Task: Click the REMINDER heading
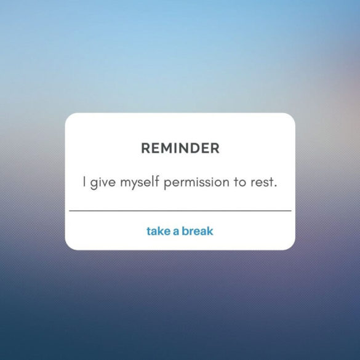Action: pos(180,148)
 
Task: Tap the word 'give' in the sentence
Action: pos(102,183)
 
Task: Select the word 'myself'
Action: pos(139,183)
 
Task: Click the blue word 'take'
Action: pos(158,231)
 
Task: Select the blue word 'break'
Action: pos(198,231)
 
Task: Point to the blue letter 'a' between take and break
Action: pos(175,232)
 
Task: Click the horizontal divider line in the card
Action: pos(180,210)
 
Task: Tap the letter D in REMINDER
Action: pos(198,148)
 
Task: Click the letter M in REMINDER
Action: pos(165,148)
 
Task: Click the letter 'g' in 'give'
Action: pos(94,184)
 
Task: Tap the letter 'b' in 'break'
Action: pos(186,231)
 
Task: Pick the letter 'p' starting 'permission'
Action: pos(167,185)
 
